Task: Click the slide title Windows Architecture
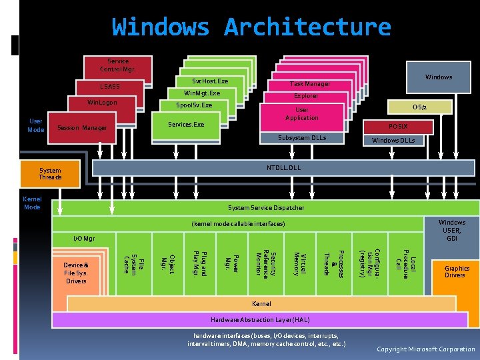[x=251, y=27]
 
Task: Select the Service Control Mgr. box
[x=118, y=65]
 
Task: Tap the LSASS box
[x=110, y=87]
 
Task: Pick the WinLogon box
[x=103, y=103]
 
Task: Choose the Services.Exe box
[x=186, y=125]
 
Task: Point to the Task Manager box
[x=309, y=84]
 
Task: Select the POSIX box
[x=399, y=127]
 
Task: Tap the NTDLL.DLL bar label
[x=283, y=167]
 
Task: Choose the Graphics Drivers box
[x=457, y=272]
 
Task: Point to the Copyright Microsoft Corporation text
[x=425, y=349]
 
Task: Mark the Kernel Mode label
[x=32, y=203]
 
